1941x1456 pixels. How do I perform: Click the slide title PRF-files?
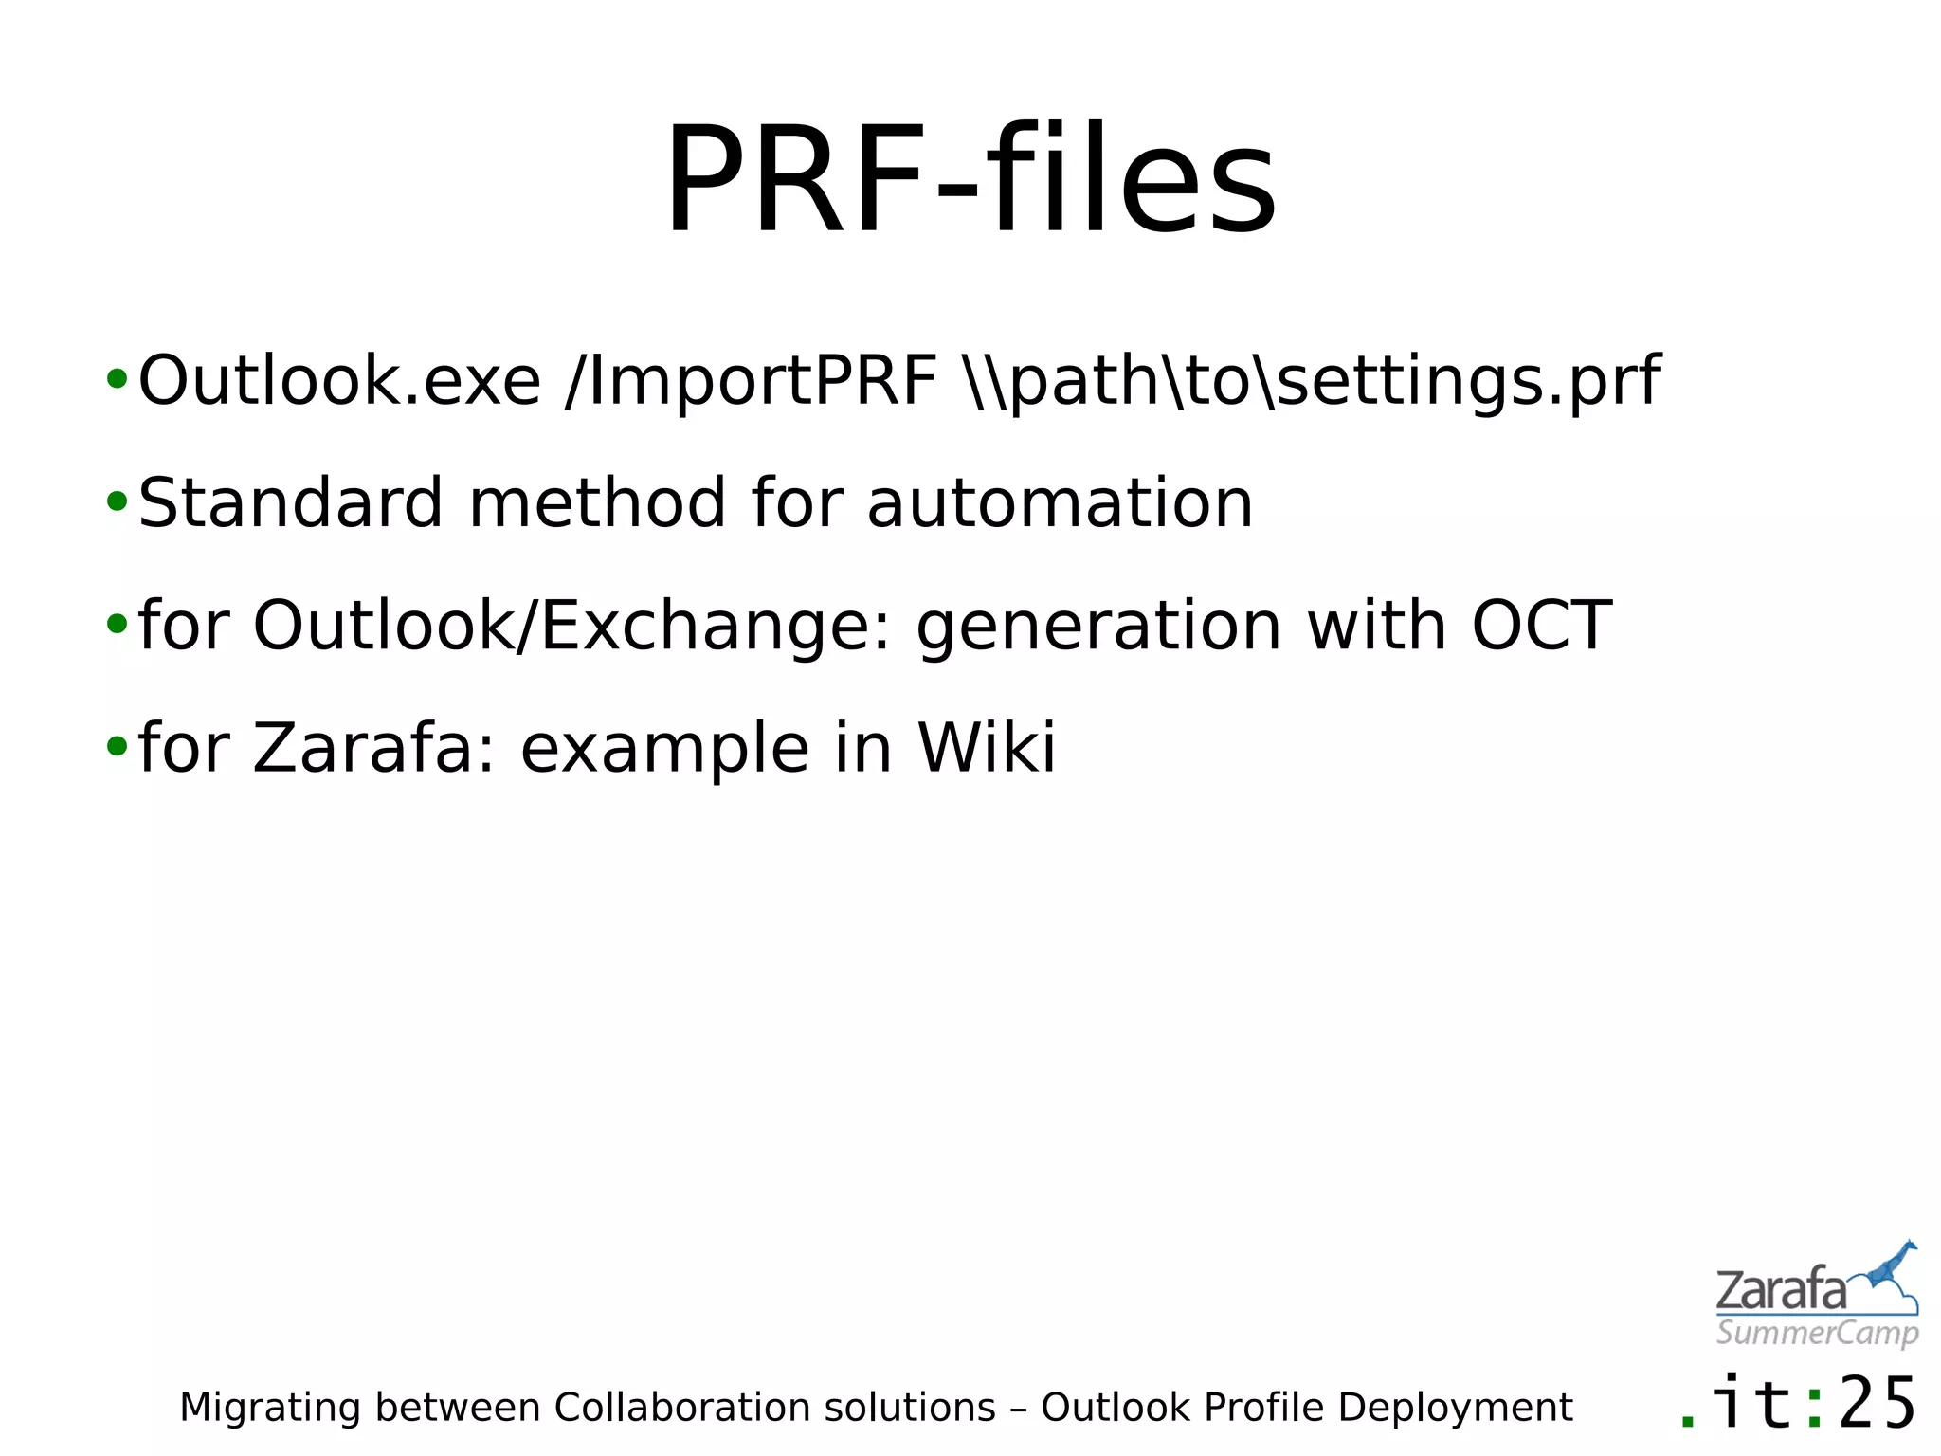coord(970,180)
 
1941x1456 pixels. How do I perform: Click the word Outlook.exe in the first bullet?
coord(339,381)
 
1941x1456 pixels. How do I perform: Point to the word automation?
coord(1060,503)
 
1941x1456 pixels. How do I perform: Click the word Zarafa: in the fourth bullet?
coord(374,748)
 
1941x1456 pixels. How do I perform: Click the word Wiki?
coord(987,748)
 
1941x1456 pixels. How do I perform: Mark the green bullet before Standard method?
coord(117,500)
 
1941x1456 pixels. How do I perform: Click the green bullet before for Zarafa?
coord(117,746)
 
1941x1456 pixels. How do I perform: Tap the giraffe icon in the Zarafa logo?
coord(1892,1270)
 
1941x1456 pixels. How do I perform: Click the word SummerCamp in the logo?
coord(1817,1333)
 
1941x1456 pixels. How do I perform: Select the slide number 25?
coord(1878,1404)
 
